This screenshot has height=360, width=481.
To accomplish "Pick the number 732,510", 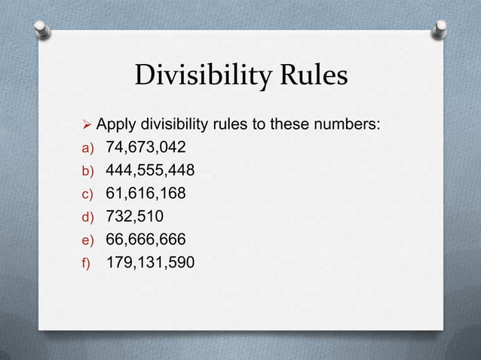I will click(131, 217).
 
